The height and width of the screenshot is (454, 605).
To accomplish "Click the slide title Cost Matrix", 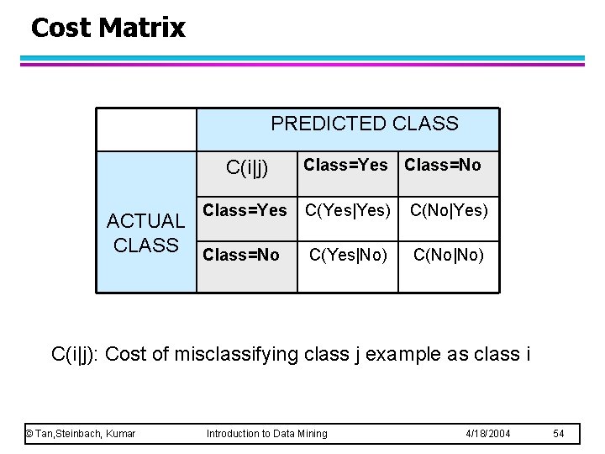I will pyautogui.click(x=108, y=28).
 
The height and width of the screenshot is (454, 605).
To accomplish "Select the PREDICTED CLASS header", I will pyautogui.click(x=364, y=124).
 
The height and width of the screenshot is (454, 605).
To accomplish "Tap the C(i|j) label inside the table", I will pyautogui.click(x=247, y=167).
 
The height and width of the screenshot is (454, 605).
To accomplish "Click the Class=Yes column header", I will pyautogui.click(x=345, y=165).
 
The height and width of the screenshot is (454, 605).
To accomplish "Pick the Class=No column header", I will pyautogui.click(x=443, y=165).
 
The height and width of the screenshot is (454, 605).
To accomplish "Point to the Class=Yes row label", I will pyautogui.click(x=245, y=210).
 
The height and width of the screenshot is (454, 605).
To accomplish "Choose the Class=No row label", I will pyautogui.click(x=241, y=254).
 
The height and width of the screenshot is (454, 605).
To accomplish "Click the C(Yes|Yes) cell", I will pyautogui.click(x=348, y=210).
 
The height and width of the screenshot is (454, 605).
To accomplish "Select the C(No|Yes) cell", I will pyautogui.click(x=448, y=210).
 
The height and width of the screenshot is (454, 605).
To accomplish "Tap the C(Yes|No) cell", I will pyautogui.click(x=348, y=254).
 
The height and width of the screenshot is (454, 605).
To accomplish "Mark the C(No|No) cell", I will pyautogui.click(x=448, y=254).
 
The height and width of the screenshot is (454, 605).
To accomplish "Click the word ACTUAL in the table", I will pyautogui.click(x=145, y=221).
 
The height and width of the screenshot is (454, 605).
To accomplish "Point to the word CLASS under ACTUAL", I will pyautogui.click(x=145, y=245).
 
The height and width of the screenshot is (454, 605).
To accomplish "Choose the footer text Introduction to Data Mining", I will pyautogui.click(x=267, y=433).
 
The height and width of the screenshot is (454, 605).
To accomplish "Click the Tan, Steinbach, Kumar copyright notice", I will pyautogui.click(x=81, y=433).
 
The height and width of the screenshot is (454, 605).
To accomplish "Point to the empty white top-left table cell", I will pyautogui.click(x=145, y=129).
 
